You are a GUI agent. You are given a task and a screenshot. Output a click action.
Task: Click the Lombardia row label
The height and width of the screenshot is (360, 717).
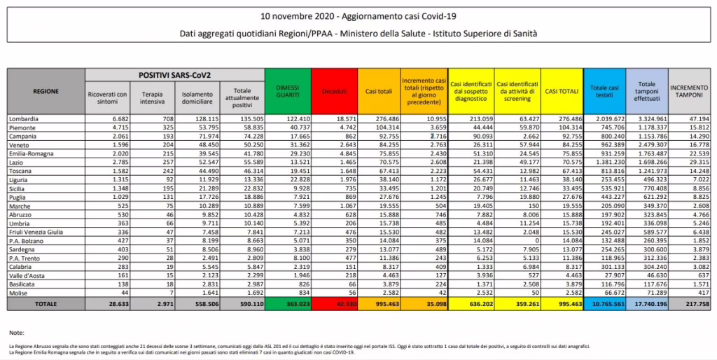[25, 120]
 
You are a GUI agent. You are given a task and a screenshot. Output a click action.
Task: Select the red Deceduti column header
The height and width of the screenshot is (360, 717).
[335, 91]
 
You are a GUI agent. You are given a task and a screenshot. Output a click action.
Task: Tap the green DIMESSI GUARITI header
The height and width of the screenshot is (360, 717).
[288, 91]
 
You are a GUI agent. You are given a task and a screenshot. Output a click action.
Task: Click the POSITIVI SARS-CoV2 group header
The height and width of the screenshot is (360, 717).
[174, 74]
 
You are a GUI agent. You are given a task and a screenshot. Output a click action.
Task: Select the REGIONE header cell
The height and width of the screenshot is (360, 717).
[46, 91]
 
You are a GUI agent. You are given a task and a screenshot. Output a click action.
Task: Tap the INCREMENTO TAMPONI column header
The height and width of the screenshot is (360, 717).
[689, 91]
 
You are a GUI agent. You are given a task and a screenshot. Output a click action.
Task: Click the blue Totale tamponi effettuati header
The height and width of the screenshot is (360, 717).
[646, 91]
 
